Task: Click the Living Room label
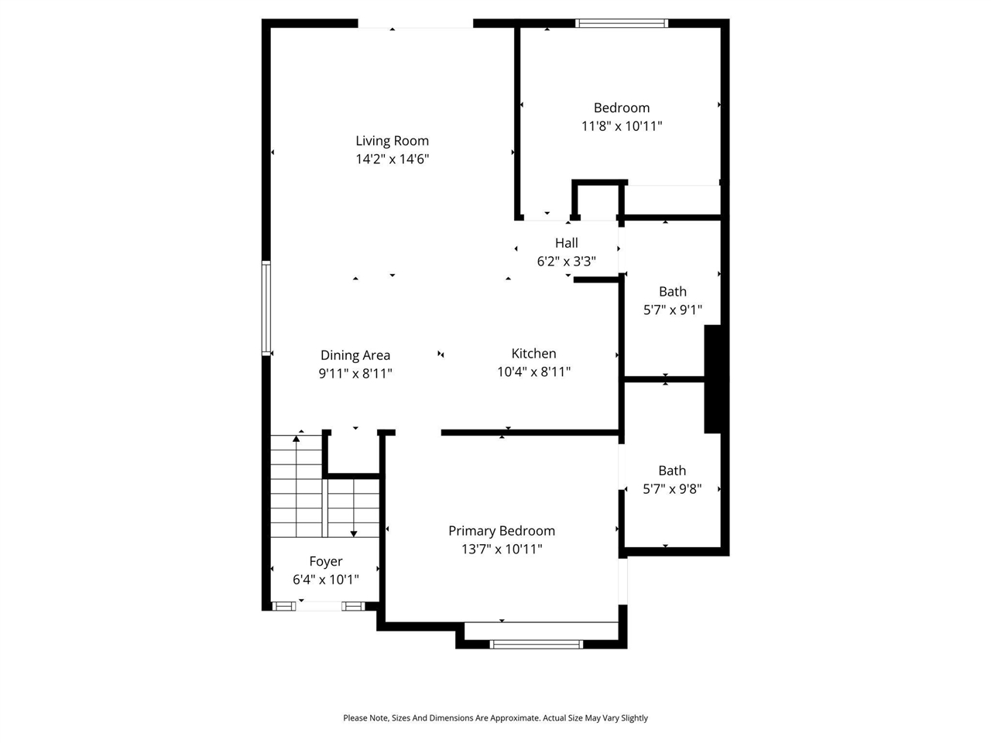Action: pos(392,141)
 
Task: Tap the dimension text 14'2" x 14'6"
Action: pos(392,159)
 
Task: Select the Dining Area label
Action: pos(355,355)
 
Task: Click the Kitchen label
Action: pos(533,354)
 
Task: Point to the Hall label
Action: pos(566,243)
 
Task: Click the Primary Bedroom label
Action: pos(502,531)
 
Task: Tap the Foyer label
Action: pos(325,562)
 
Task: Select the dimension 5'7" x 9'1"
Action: pos(673,310)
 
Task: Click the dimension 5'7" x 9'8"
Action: pos(672,489)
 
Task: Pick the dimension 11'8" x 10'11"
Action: pos(622,126)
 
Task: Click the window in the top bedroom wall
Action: pos(622,23)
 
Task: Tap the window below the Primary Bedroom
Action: pos(537,644)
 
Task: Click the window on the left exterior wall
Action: pos(266,308)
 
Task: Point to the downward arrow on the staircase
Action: pos(354,532)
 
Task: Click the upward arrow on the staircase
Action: pos(296,439)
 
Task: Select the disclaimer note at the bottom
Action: pos(495,718)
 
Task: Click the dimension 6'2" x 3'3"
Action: pos(566,262)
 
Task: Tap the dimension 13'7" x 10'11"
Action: pos(502,550)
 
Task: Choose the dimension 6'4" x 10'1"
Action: pos(325,580)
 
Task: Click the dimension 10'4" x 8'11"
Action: pos(533,372)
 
